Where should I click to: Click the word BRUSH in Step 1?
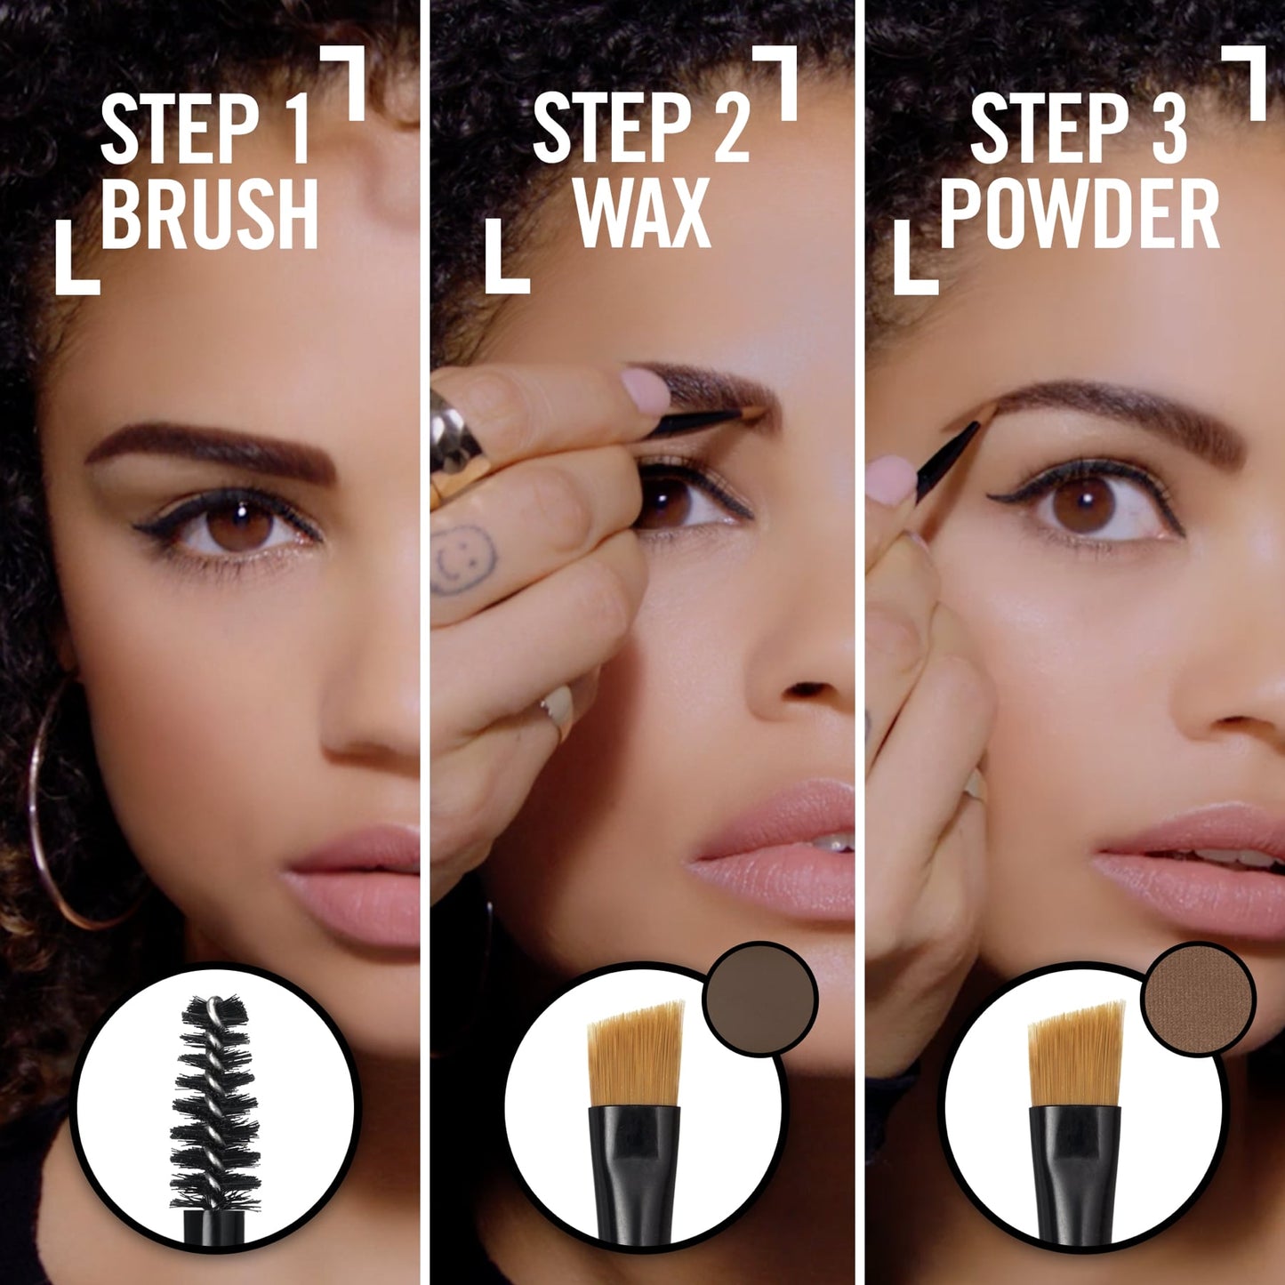click(209, 213)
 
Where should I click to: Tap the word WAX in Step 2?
click(642, 213)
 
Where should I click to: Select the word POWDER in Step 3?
click(1080, 213)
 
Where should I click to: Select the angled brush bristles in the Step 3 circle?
click(1077, 1054)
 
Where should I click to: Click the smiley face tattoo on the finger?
click(464, 558)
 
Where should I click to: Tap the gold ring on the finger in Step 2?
click(455, 445)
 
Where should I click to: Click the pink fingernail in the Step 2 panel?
click(646, 389)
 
